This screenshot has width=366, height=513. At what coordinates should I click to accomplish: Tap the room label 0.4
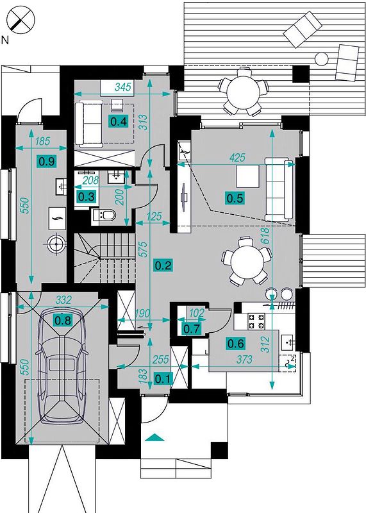coord(119,122)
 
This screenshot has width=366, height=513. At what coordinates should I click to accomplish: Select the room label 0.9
coord(47,162)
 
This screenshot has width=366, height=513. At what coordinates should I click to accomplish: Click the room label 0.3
coord(87,197)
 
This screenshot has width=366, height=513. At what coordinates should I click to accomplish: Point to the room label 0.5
coord(235,198)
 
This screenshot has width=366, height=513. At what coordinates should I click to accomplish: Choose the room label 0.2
coord(163,265)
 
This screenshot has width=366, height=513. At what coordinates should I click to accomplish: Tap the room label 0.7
coord(192,329)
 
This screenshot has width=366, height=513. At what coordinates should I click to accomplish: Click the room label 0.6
coord(236,344)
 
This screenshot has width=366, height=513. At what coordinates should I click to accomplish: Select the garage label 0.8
coord(63,320)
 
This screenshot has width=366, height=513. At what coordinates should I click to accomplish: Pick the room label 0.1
coord(163,379)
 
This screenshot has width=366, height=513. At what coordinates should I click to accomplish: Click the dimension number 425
coord(237,158)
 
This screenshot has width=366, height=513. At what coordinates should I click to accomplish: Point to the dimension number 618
coord(265,236)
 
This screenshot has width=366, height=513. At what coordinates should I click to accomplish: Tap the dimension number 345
coord(123,87)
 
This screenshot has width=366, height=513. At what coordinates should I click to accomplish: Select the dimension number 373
coord(244,360)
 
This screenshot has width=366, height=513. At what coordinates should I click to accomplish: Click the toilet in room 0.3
coord(104,215)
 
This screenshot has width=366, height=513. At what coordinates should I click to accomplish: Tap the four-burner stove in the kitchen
coord(256,321)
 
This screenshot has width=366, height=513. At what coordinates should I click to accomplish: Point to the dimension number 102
coord(197,313)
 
